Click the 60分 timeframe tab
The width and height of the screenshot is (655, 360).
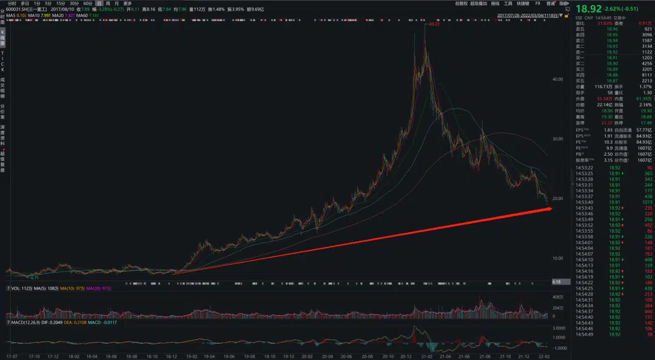pos(87,3)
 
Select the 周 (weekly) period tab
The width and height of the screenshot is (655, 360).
pos(108,3)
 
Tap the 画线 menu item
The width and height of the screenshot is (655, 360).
pos(495,3)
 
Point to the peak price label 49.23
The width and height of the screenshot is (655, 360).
pos(434,24)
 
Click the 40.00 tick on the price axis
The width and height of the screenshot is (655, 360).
pos(559,79)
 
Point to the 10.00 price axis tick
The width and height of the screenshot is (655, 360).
pos(559,258)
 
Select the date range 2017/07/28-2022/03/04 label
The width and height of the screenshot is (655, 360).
pos(527,16)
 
